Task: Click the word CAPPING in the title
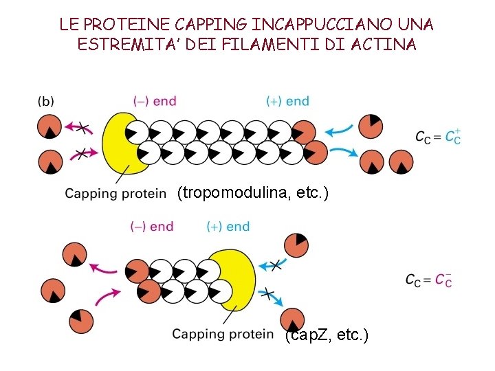[x=209, y=25]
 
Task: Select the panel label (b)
[x=45, y=101]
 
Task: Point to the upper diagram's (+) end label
[x=287, y=101]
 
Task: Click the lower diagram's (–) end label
[x=151, y=226]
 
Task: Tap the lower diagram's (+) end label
[x=228, y=226]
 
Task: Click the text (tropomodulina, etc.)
[x=253, y=194]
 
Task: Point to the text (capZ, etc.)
[x=327, y=335]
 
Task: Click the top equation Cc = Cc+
[x=438, y=137]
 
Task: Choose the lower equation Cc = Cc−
[x=428, y=280]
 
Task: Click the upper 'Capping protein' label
[x=115, y=194]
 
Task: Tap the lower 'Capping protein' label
[x=223, y=335]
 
